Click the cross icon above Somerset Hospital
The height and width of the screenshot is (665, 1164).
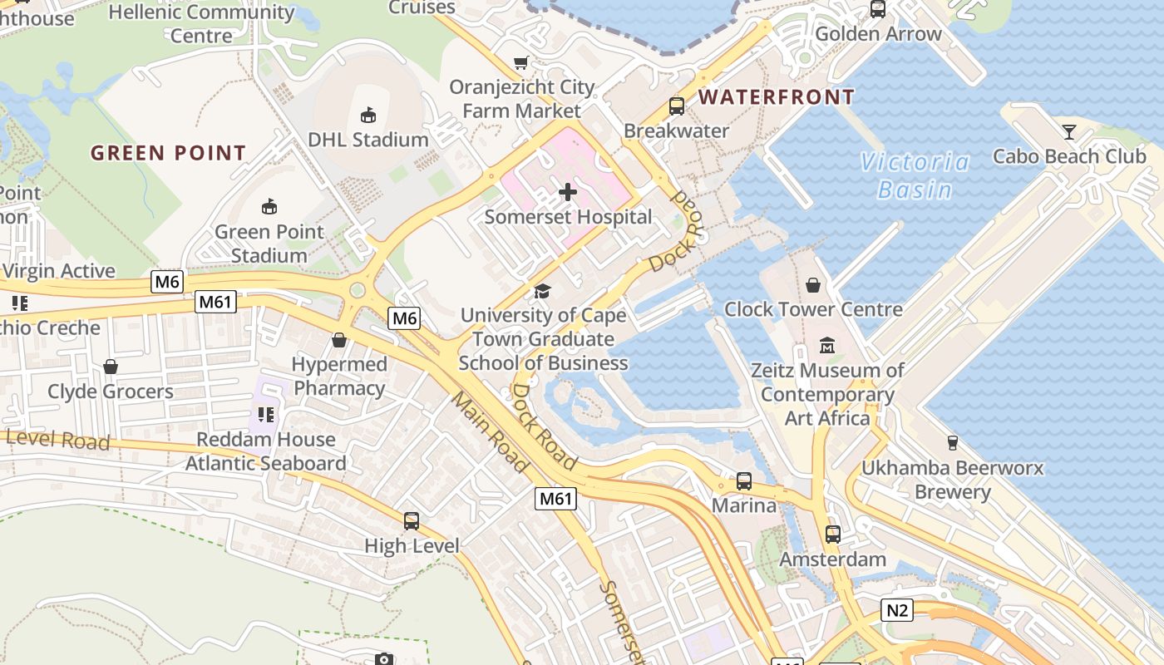[x=568, y=192]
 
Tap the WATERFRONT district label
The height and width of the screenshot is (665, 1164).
[x=776, y=97]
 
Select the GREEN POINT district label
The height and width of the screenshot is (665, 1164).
[x=168, y=153]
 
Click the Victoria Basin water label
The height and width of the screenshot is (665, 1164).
[x=915, y=175]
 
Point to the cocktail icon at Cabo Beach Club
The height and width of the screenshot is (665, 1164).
[x=1068, y=131]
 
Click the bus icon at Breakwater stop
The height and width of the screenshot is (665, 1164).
[x=677, y=106]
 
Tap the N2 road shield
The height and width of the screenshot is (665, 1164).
[x=897, y=611]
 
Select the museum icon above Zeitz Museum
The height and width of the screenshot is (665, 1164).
[x=827, y=345]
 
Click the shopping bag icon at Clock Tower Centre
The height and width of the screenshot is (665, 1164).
[x=813, y=285]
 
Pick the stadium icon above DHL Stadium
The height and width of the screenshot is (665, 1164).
[x=368, y=115]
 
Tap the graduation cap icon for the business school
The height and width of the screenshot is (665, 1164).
[x=543, y=291]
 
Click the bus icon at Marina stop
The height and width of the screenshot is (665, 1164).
[x=744, y=481]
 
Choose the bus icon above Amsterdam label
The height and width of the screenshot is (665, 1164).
[x=833, y=534]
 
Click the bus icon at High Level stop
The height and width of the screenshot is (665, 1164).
[x=412, y=521]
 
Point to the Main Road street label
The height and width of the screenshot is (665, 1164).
[x=491, y=431]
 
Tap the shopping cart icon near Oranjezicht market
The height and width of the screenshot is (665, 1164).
[x=521, y=63]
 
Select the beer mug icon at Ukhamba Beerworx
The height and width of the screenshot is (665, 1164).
[x=953, y=443]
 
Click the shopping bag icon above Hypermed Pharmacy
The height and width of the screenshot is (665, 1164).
[x=339, y=340]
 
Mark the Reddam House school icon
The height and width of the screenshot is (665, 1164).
[x=266, y=414]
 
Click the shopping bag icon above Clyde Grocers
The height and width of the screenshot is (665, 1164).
[x=111, y=367]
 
